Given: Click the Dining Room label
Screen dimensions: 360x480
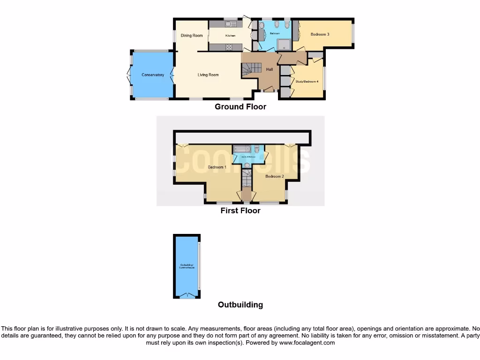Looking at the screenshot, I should point(191,36).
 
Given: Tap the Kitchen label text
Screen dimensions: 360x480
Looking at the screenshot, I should point(230,36).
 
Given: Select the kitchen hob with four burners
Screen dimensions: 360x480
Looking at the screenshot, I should point(230,47).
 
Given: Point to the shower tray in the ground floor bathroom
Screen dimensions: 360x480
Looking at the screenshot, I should point(284,45).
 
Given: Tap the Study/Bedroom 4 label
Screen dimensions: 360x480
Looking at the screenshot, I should point(307,82).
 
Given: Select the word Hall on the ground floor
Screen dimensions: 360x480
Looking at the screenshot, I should point(270,69).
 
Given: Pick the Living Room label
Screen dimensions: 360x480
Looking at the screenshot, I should point(208,75).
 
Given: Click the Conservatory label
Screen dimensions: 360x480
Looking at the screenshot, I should point(153,75).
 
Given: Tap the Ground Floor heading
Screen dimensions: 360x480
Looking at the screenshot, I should point(240,107).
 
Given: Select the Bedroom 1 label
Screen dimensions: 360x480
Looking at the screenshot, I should point(217,167).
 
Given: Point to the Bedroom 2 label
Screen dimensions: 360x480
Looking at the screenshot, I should point(275,176).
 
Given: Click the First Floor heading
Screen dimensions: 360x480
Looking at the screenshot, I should point(240,211).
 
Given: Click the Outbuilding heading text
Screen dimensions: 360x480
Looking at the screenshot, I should point(240,305).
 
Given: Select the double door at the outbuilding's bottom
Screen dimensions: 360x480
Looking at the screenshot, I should point(187,295).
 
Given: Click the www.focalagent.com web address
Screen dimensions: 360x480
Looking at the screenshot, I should point(307,343).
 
